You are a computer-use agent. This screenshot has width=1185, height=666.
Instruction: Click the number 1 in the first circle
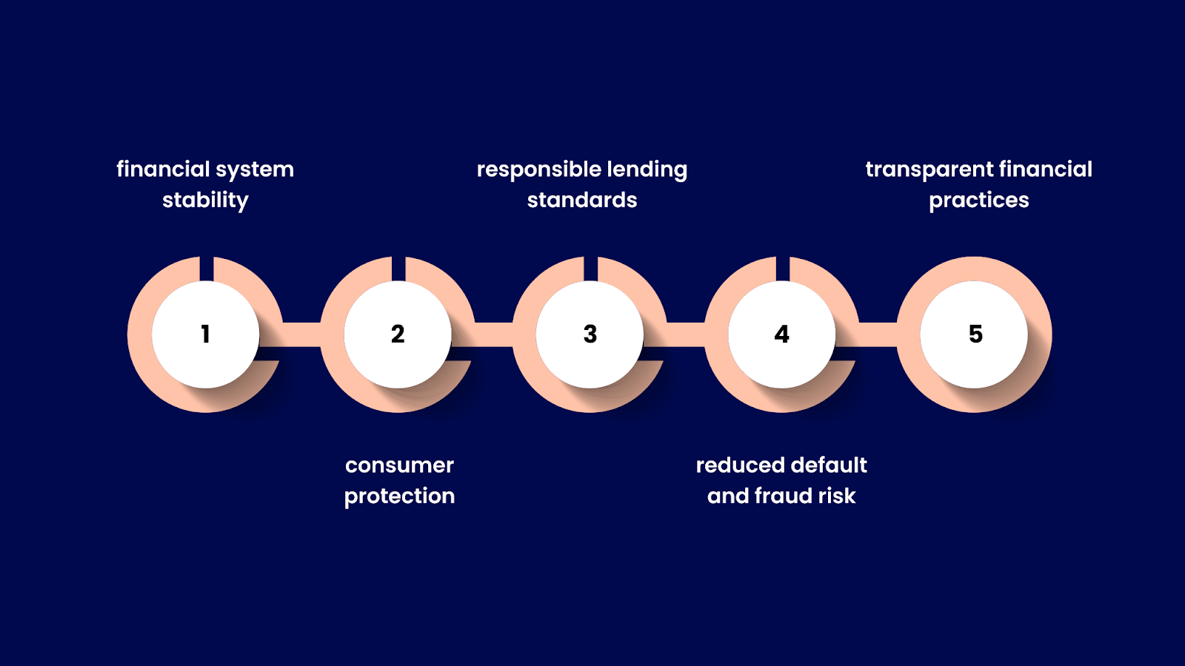205,334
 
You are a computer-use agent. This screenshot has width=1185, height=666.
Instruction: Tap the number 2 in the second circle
398,334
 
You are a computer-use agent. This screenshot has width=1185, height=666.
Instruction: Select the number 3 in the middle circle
590,334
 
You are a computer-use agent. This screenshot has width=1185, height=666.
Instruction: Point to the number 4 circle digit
782,334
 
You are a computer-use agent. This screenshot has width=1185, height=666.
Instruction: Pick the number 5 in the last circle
975,334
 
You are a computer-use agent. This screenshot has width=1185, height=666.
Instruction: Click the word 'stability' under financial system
205,201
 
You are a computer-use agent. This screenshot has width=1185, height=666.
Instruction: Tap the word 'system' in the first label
255,170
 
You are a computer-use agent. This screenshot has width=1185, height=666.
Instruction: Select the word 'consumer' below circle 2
399,465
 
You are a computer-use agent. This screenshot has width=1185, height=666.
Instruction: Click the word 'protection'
399,497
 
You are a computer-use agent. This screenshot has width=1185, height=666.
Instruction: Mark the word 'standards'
582,201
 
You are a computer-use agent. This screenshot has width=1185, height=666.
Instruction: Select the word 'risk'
837,496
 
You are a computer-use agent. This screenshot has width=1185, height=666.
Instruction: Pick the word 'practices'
979,201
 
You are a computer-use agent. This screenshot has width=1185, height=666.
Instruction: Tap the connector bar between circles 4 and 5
878,334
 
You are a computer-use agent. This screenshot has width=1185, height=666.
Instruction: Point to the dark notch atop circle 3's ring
590,268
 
